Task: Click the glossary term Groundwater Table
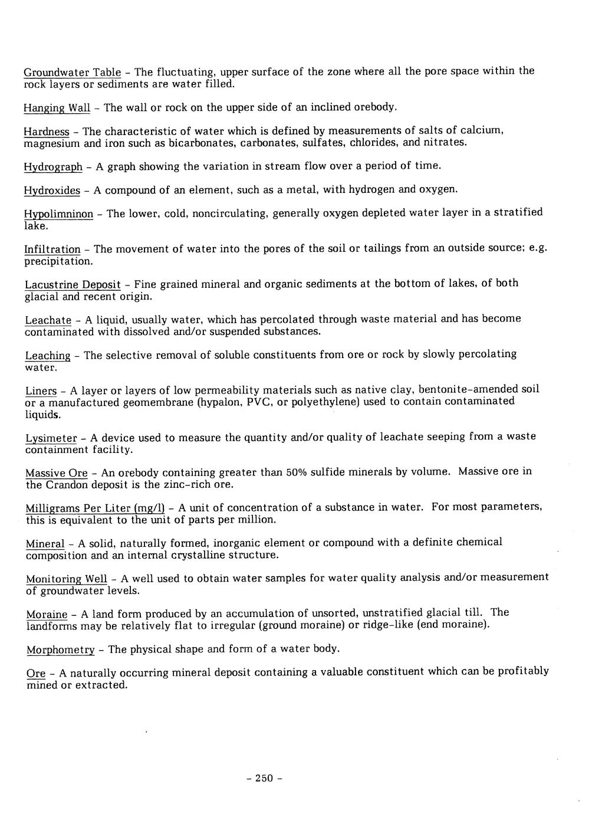click(x=72, y=73)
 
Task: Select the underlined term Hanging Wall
click(x=57, y=108)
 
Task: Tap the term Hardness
click(x=47, y=131)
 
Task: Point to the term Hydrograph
click(x=53, y=167)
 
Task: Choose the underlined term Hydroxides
click(x=52, y=191)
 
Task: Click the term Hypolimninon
click(x=58, y=214)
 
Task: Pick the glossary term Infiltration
click(x=52, y=250)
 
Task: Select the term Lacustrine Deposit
click(x=73, y=285)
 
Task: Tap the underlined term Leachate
click(x=48, y=320)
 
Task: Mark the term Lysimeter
click(x=51, y=438)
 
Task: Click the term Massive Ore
click(x=57, y=473)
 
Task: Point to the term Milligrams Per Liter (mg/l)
click(x=94, y=508)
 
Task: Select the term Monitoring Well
click(x=67, y=579)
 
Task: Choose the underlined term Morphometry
click(x=61, y=649)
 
